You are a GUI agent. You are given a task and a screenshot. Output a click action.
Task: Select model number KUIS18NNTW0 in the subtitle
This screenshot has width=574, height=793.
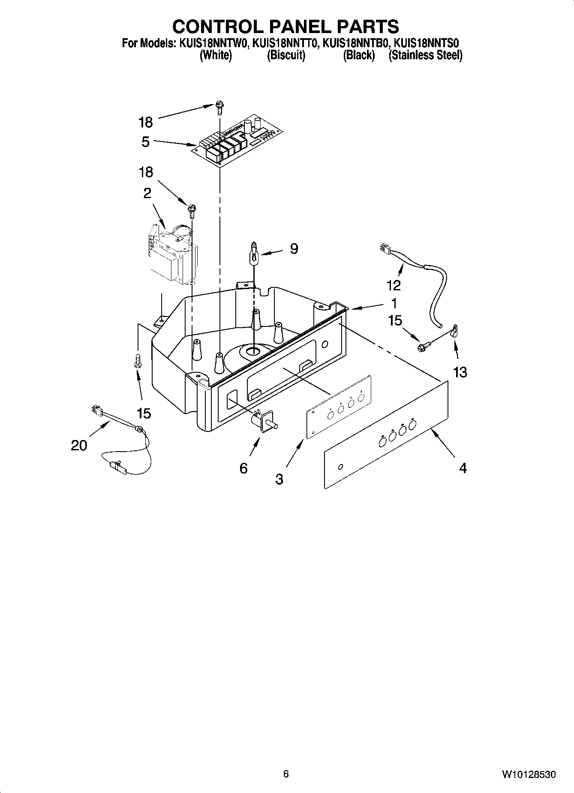[x=212, y=43]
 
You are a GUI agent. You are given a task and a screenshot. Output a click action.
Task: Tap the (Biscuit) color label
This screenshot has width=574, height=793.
[x=286, y=55]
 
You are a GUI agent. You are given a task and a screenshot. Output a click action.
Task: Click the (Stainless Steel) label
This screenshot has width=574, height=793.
[x=425, y=55]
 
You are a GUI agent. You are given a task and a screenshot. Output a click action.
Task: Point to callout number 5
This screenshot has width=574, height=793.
[x=146, y=142]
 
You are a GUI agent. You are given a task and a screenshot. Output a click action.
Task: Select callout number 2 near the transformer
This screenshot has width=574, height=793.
[x=147, y=193]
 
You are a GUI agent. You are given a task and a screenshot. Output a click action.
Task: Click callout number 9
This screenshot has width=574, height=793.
[x=294, y=249]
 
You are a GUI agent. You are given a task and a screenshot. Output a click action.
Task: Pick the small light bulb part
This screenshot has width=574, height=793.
[x=254, y=254]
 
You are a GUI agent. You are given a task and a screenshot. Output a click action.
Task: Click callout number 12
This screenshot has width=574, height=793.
[x=394, y=285]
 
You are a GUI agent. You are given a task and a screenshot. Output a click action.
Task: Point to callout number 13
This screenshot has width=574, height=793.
[x=460, y=372]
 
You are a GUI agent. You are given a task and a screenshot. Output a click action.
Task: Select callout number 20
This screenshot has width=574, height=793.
[x=79, y=446]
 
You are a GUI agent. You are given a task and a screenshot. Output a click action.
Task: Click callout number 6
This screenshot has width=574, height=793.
[x=243, y=468]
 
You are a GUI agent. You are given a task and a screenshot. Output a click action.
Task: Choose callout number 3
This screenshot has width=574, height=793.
[x=279, y=479]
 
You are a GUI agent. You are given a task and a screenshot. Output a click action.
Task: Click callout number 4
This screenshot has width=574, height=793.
[x=463, y=468]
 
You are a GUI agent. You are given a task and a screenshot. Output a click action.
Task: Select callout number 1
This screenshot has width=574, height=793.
[x=394, y=303]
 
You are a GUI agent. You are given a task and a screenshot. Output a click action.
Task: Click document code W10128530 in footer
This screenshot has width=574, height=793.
[x=529, y=775]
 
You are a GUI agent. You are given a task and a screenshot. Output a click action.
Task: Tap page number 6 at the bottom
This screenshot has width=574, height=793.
[x=286, y=774]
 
